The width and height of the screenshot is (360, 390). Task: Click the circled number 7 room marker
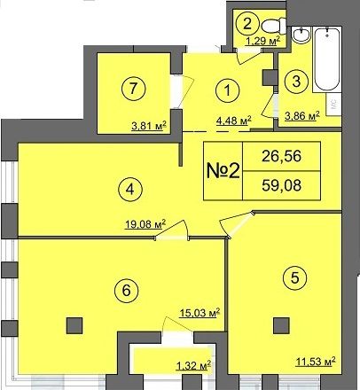click(x=134, y=88)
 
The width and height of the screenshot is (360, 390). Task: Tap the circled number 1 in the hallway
click(x=227, y=90)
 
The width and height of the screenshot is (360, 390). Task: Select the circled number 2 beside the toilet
click(x=247, y=23)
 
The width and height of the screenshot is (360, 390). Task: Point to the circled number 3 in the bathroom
click(x=296, y=81)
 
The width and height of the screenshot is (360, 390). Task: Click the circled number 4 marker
click(x=130, y=190)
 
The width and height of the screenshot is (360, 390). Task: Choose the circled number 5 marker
click(x=294, y=277)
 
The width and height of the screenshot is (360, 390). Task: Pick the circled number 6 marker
click(x=126, y=291)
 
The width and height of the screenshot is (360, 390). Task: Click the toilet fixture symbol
click(x=274, y=26)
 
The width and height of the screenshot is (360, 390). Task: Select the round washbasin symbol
click(x=301, y=35)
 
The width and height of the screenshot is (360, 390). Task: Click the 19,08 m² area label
click(x=145, y=224)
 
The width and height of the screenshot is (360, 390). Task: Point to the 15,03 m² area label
click(x=200, y=313)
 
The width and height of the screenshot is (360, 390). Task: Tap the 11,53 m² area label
click(x=316, y=362)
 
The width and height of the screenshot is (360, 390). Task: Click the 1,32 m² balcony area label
click(x=193, y=366)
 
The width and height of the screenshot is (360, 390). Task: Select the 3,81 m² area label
click(x=149, y=126)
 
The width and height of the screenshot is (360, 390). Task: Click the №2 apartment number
click(x=223, y=171)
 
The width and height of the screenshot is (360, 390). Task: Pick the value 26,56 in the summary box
click(x=281, y=156)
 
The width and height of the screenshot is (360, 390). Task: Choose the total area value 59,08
click(x=281, y=185)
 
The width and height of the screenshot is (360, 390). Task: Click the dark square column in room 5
click(x=281, y=325)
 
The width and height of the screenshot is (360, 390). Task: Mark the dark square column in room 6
click(x=74, y=325)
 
